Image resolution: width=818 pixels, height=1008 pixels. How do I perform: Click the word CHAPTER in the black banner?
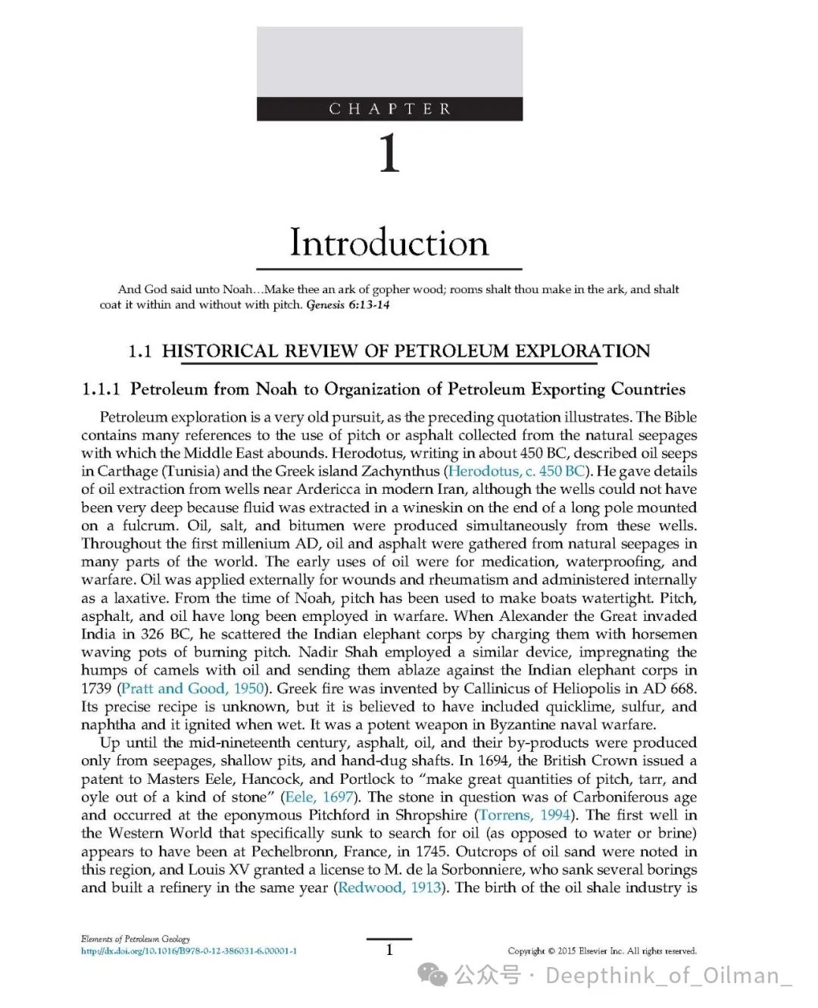[389, 109]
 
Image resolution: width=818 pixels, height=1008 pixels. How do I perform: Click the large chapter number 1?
[389, 153]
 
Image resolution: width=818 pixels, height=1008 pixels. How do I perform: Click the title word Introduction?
[389, 242]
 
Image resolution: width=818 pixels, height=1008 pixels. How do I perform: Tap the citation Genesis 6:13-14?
[348, 305]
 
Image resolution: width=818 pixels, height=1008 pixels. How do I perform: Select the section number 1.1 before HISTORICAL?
[140, 351]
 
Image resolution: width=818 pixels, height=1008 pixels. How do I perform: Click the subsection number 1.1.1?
[101, 389]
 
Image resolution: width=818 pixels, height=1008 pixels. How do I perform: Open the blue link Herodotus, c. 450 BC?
[517, 471]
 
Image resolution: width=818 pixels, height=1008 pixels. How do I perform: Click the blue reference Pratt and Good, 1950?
[192, 688]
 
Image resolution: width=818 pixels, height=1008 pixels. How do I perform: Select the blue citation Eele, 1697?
[318, 797]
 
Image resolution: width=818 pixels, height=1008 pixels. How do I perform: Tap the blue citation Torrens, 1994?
[524, 815]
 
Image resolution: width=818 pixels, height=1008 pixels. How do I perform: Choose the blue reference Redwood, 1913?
[389, 888]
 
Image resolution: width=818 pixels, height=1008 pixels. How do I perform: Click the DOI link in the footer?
[189, 951]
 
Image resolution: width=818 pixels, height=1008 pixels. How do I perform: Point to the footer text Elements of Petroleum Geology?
[136, 939]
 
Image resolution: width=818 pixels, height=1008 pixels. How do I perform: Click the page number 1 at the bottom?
[389, 950]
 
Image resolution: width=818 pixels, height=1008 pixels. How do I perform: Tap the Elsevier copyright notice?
[601, 951]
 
